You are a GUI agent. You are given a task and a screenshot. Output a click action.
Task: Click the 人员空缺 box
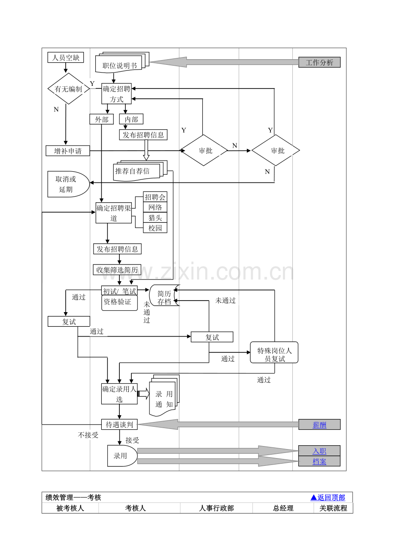pos(66,58)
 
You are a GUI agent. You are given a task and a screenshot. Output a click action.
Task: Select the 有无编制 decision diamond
pos(68,88)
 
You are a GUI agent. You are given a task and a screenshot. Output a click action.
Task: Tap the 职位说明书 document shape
pos(122,63)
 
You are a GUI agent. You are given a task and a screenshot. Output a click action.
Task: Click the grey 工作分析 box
pos(319,62)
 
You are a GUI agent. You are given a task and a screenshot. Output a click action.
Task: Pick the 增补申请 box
pos(67,151)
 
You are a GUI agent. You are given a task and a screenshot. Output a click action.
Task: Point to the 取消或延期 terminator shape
pos(68,184)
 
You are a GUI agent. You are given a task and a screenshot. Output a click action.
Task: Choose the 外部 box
pos(102,119)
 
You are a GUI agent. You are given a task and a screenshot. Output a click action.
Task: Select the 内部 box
pos(131,119)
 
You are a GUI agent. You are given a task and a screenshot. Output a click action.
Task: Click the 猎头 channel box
pos(155,218)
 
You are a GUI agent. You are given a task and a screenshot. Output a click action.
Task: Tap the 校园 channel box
pos(155,228)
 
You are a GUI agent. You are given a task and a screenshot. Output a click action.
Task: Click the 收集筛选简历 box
pos(117,270)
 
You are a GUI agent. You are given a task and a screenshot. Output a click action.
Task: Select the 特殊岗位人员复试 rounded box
pos(274,352)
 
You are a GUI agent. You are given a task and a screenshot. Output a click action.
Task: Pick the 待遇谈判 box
pos(119,425)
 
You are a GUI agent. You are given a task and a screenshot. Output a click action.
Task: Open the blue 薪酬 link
pos(319,425)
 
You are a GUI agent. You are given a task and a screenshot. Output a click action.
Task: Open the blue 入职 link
pos(319,451)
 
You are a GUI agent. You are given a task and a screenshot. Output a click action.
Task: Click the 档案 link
pos(319,462)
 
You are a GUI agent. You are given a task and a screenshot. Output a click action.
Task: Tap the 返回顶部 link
pos(328,497)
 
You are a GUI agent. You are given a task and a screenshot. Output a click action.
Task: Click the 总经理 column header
pos(283,508)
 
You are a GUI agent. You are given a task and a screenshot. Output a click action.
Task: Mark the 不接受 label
pos(88,435)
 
